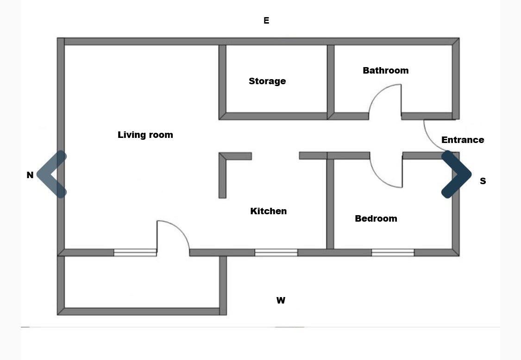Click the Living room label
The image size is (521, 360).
[145, 135]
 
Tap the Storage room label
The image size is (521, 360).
[267, 81]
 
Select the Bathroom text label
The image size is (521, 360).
[385, 70]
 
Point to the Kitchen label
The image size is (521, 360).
[269, 211]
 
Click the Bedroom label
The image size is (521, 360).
[376, 218]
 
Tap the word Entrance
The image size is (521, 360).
[463, 140]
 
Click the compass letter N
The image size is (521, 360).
[30, 175]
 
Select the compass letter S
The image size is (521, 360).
[483, 181]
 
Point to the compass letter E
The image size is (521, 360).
[266, 20]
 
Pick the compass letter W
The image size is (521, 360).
[281, 300]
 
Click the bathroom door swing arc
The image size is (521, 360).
[379, 92]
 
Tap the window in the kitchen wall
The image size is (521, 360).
[276, 252]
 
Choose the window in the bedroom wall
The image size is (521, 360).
[393, 252]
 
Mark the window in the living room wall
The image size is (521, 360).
[135, 252]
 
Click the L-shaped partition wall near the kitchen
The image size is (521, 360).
[222, 176]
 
